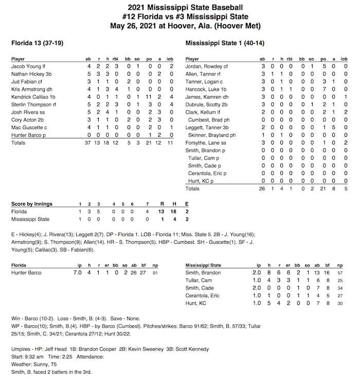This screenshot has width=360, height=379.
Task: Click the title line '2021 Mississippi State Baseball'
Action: [x=180, y=7]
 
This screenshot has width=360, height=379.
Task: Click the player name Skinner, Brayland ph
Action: [x=212, y=135]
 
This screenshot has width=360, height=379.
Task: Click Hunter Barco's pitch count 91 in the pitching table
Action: [x=155, y=273]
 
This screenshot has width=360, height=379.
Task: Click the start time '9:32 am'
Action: [x=32, y=356]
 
